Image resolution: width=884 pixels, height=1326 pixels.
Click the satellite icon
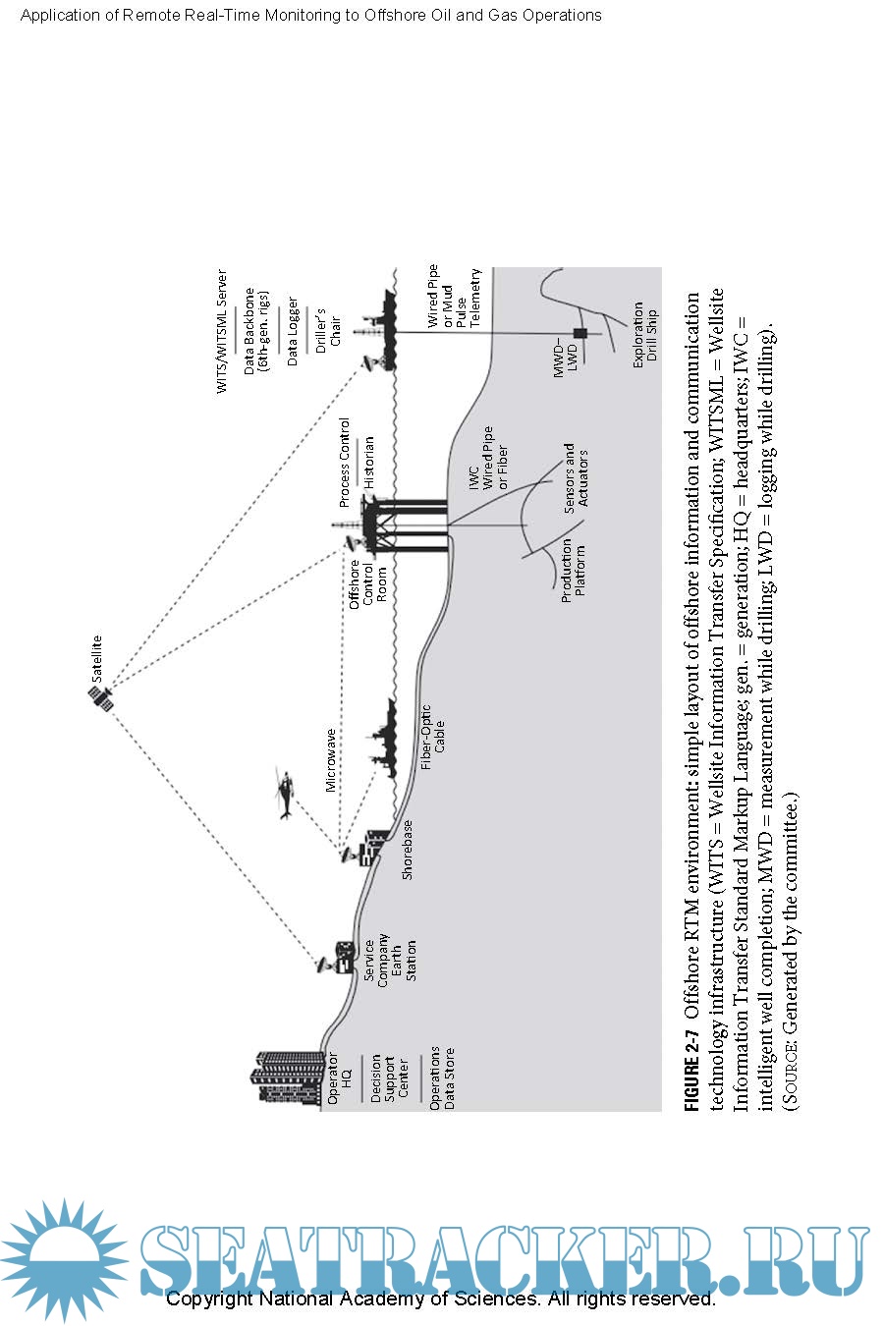(100, 698)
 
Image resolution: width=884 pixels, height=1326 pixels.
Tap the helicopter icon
(285, 794)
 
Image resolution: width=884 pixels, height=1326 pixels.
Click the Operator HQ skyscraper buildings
(288, 1080)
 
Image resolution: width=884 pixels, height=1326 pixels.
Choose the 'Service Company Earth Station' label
(390, 960)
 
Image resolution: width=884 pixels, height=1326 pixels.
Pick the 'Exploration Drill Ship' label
(645, 335)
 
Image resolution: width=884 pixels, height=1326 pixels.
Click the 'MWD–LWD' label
(565, 356)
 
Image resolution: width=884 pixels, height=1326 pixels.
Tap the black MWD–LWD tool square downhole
(580, 333)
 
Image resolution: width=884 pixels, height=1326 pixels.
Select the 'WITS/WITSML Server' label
(222, 332)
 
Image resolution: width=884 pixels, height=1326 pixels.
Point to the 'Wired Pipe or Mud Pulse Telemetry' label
(454, 296)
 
